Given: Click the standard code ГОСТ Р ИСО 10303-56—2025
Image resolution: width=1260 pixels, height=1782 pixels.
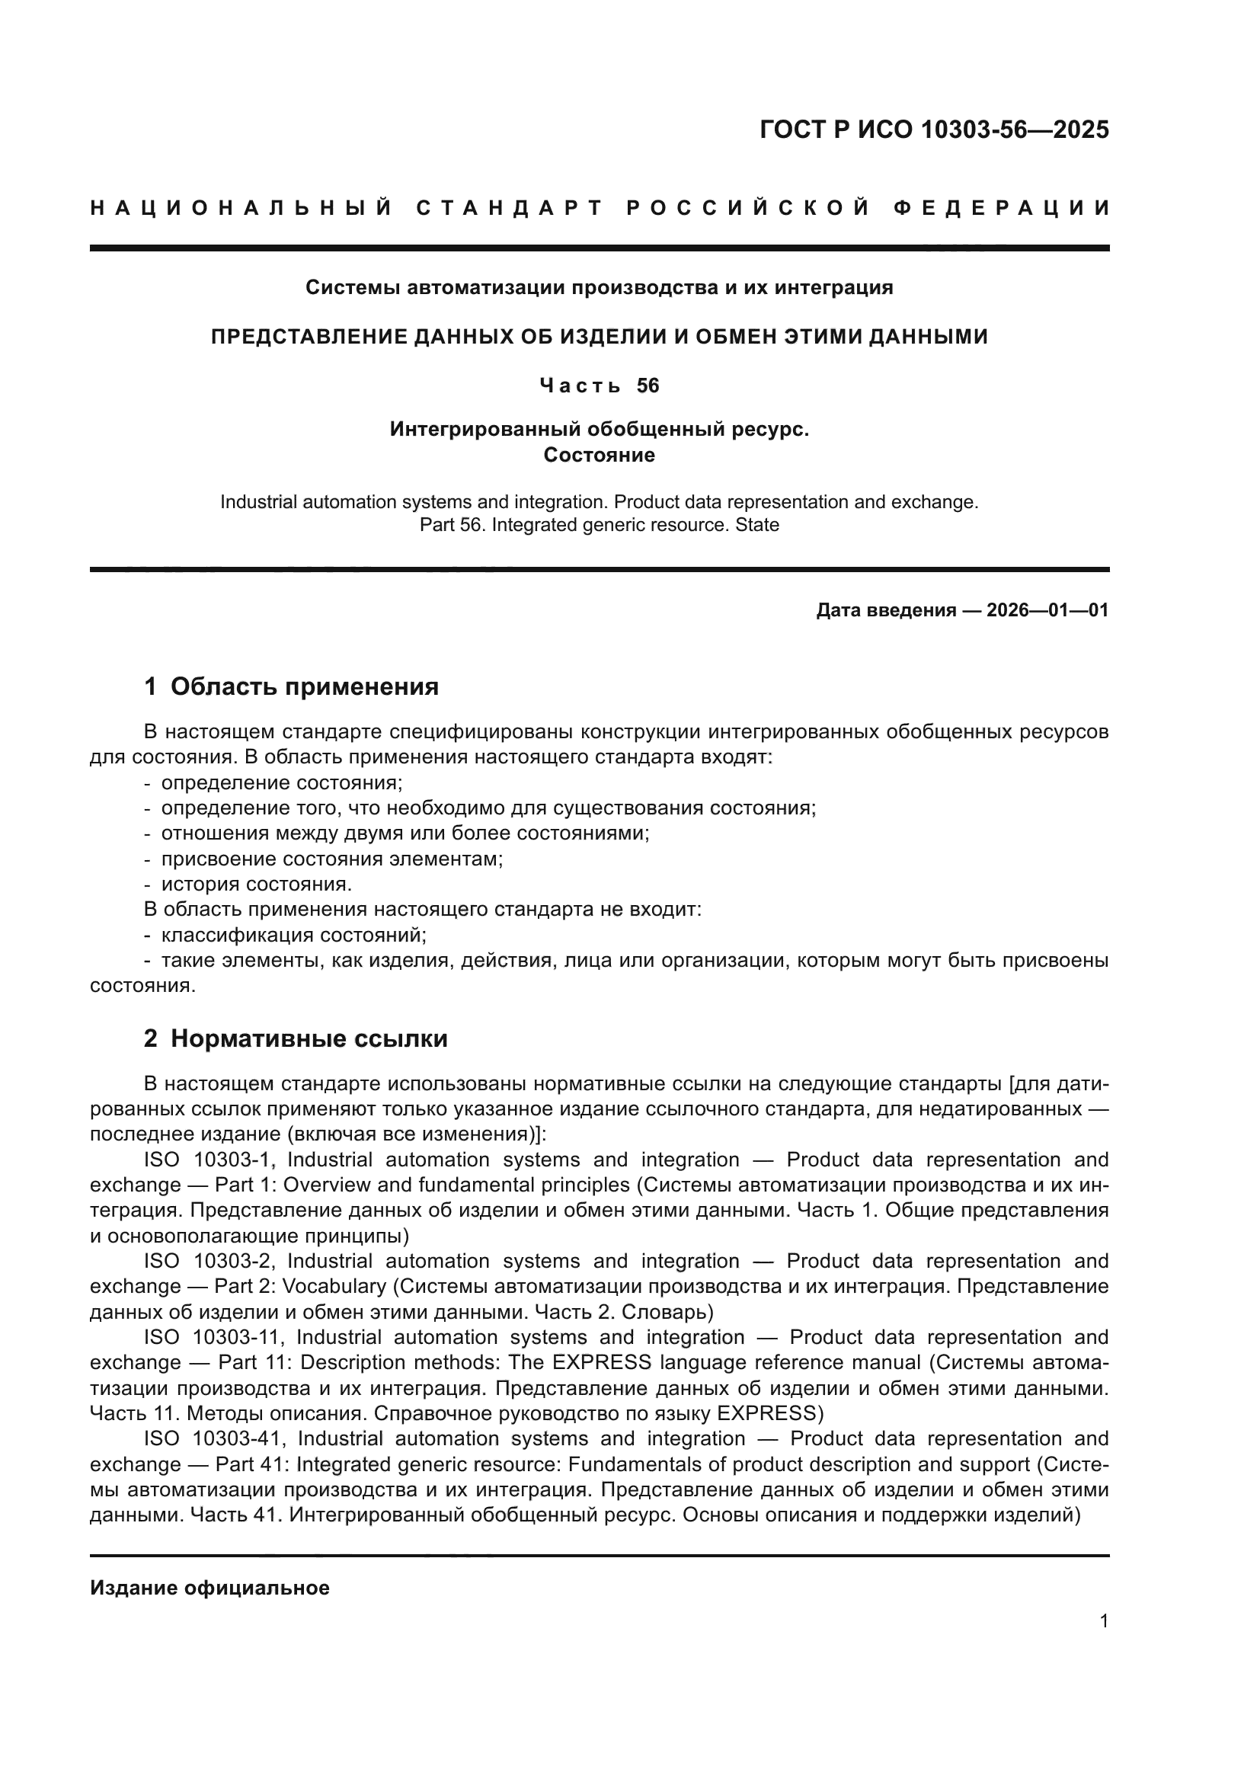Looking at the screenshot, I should (x=934, y=129).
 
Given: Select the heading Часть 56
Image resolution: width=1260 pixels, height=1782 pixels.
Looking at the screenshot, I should (x=599, y=386).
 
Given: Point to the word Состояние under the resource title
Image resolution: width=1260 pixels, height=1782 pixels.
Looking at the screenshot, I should (x=599, y=455).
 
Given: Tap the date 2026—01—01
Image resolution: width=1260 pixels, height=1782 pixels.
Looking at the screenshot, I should (x=1047, y=610).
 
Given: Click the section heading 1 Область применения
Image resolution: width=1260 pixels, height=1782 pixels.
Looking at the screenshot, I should (x=292, y=687).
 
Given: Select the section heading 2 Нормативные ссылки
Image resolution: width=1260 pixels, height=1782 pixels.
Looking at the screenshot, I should (x=296, y=1038).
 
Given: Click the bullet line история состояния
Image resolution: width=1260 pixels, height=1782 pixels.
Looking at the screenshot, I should (x=256, y=884).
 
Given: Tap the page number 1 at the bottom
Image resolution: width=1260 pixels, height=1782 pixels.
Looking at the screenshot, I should (x=1104, y=1636).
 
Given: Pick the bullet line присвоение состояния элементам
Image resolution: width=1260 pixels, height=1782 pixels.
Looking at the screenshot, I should (x=332, y=859).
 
